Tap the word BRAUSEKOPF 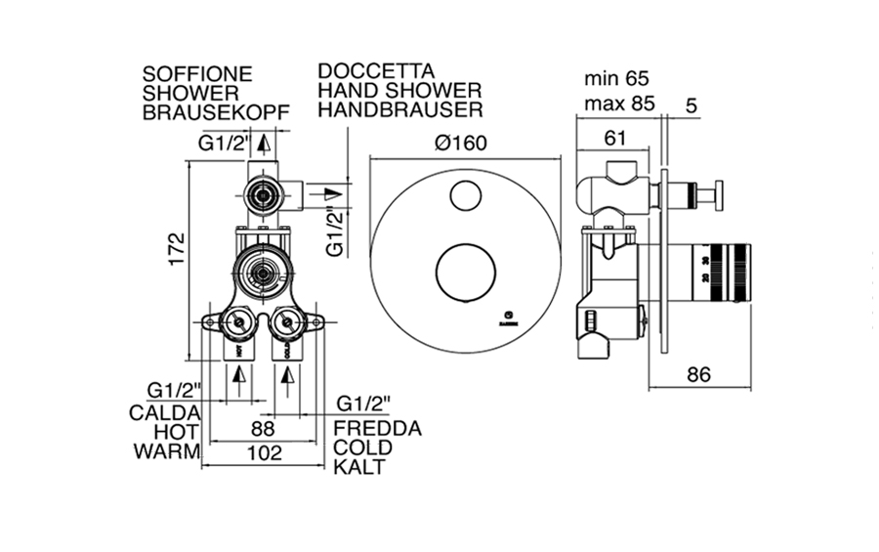click(x=216, y=112)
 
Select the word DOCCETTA click(x=376, y=72)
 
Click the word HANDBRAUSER click(x=400, y=110)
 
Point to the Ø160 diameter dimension click(x=462, y=143)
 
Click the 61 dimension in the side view click(x=612, y=140)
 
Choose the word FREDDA click(x=377, y=428)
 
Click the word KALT click(x=358, y=467)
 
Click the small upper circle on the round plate click(x=465, y=195)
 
